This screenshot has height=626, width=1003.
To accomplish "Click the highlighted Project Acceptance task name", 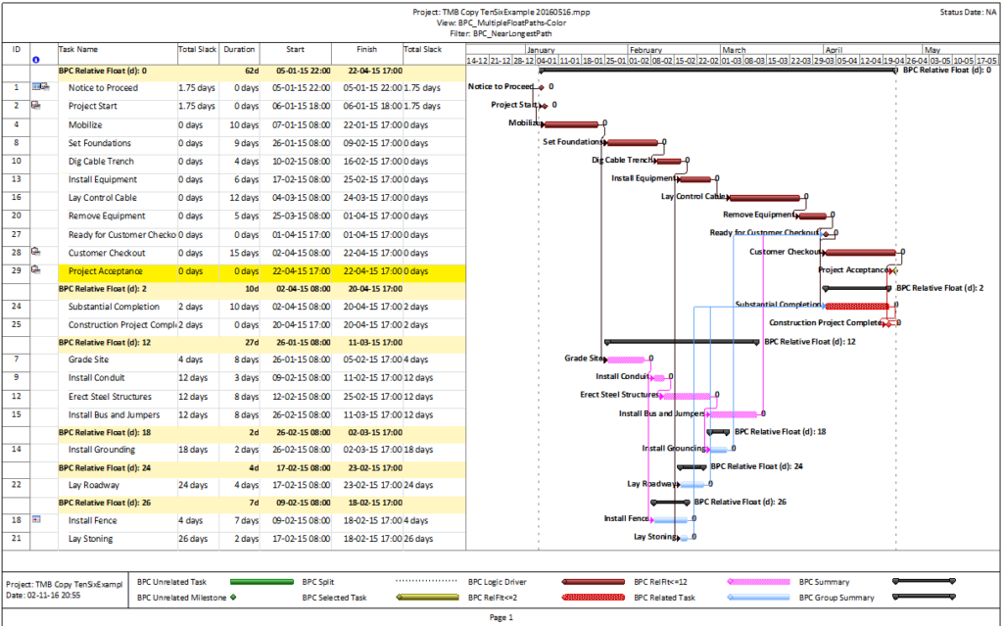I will (x=105, y=270).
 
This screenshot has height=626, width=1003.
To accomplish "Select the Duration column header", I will (x=239, y=48).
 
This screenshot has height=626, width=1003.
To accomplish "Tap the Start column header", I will (x=295, y=48).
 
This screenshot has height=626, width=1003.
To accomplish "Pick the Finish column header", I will (x=366, y=48).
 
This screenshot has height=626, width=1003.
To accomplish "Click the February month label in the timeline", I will (x=645, y=49).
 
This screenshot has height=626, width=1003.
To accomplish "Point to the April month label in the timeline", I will (x=834, y=49).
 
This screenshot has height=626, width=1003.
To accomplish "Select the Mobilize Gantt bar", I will (x=570, y=124).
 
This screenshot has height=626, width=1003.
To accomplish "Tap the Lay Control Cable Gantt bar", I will (x=764, y=198).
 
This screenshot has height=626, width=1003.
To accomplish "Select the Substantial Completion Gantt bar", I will (x=857, y=306).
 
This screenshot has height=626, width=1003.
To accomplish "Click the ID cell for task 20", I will (x=16, y=216).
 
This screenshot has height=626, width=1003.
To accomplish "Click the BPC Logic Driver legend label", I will (x=501, y=581).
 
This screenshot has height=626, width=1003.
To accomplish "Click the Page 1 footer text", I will (x=501, y=618).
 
